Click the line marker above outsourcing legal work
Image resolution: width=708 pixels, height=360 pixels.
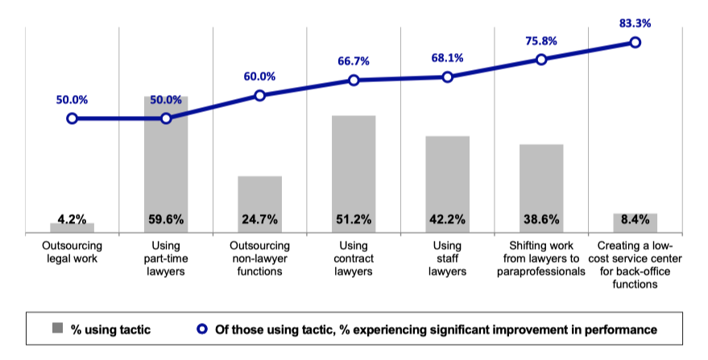pyautogui.click(x=72, y=118)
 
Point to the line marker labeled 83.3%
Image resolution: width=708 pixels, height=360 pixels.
pyautogui.click(x=635, y=42)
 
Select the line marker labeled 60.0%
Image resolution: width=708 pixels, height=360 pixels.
pyautogui.click(x=259, y=95)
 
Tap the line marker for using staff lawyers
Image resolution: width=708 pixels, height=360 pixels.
pyautogui.click(x=448, y=77)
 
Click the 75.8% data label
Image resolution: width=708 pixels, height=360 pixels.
pyautogui.click(x=540, y=41)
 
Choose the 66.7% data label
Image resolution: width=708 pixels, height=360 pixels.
pyautogui.click(x=354, y=61)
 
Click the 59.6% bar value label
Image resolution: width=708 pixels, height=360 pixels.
pyautogui.click(x=166, y=218)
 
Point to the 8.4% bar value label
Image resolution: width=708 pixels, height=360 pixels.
pyautogui.click(x=635, y=218)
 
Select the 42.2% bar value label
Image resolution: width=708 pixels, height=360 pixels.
pyautogui.click(x=448, y=218)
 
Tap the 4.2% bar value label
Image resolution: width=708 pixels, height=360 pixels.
pyautogui.click(x=72, y=218)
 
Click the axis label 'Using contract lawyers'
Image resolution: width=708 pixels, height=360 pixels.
pyautogui.click(x=354, y=259)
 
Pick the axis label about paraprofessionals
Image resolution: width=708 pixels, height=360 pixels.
pyautogui.click(x=540, y=259)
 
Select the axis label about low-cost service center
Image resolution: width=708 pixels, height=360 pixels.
pyautogui.click(x=635, y=265)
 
